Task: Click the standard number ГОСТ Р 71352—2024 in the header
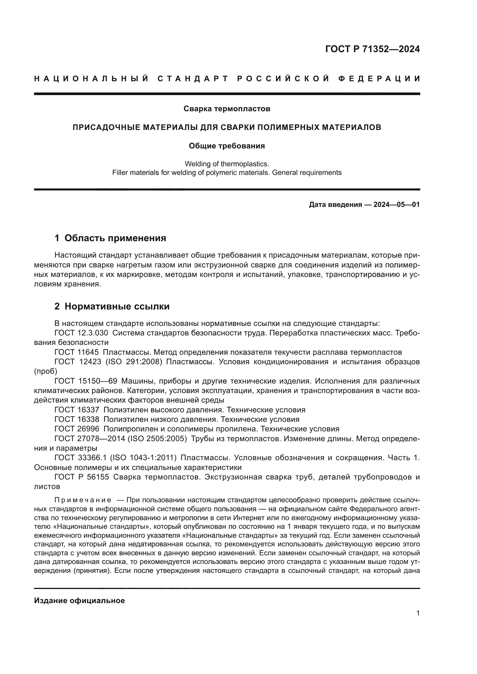(372, 49)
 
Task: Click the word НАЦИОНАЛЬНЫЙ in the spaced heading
(91, 79)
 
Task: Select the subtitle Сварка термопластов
(227, 109)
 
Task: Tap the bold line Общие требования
(227, 146)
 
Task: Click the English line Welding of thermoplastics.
(227, 164)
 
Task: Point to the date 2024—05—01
(397, 205)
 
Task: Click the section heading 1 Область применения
(110, 238)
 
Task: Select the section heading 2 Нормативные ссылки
(112, 307)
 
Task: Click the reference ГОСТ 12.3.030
(81, 333)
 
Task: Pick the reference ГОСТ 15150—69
(86, 381)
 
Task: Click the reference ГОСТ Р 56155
(82, 477)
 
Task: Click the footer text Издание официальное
(79, 601)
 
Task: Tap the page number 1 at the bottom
(418, 613)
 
